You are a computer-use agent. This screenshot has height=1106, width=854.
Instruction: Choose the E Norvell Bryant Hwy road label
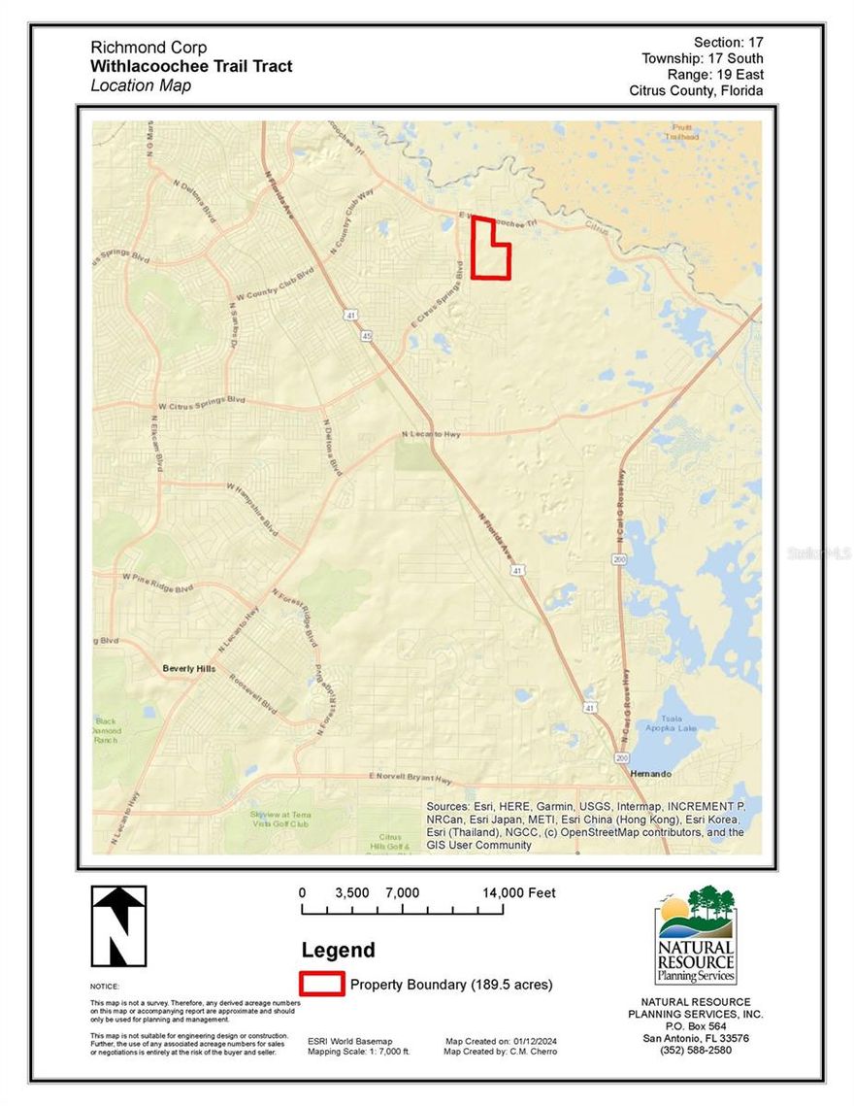click(x=411, y=778)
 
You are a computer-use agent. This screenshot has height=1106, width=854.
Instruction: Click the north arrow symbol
click(x=118, y=925)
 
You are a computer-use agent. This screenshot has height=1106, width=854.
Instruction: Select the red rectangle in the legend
click(x=321, y=984)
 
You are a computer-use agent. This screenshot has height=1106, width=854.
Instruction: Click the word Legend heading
click(x=338, y=951)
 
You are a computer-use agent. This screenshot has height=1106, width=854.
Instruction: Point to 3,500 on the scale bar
click(x=352, y=892)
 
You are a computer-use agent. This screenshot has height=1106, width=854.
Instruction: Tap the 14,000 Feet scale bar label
click(x=520, y=892)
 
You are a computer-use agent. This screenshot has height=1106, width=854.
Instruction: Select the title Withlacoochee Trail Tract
click(x=191, y=66)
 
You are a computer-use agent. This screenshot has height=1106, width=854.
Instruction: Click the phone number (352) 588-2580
click(x=696, y=1050)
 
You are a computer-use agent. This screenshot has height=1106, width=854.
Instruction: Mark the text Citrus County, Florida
click(x=696, y=90)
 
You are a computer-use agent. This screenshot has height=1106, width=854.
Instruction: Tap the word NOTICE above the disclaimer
click(x=104, y=986)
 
